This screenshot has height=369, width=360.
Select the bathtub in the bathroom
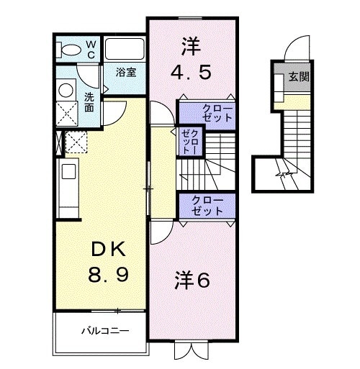point(125,50)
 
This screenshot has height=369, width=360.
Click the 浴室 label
point(130,72)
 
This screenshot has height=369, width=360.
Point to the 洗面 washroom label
point(89,102)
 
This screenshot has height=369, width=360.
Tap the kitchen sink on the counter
point(68,171)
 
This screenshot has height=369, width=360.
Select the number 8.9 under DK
point(109,275)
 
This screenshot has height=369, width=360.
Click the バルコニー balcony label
point(104,332)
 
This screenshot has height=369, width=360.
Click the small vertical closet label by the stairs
point(189,142)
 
